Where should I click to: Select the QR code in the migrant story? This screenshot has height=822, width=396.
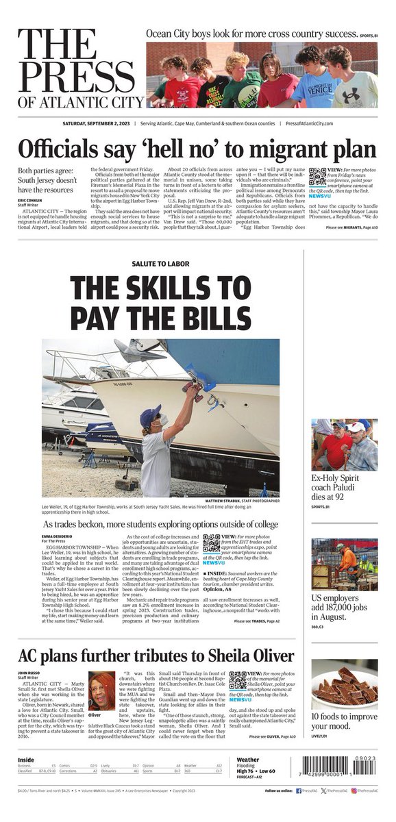(x=317, y=177)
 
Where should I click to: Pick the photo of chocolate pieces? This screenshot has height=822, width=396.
(x=344, y=684)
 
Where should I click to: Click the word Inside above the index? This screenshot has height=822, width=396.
(x=26, y=760)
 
